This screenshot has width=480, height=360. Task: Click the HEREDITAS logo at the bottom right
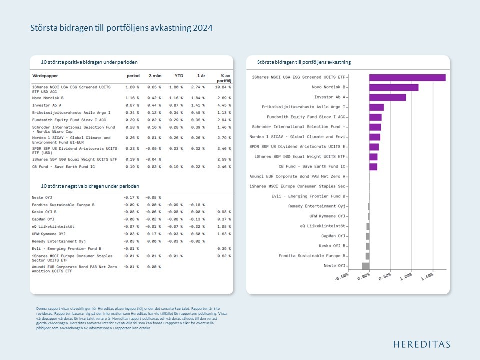(421, 344)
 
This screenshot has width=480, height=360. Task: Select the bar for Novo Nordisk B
(394, 87)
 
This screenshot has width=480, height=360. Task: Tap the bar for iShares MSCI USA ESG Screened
(407, 77)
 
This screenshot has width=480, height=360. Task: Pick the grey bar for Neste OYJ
(366, 266)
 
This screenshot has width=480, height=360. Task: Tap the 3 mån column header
(155, 76)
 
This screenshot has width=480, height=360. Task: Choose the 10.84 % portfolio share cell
(223, 87)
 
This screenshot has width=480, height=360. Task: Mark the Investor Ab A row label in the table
(47, 105)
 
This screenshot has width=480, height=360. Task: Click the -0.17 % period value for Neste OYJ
(131, 198)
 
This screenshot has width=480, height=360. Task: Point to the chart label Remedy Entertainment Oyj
(317, 206)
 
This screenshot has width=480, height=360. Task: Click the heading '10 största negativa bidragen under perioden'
(90, 186)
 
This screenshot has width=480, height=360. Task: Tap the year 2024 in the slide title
(202, 28)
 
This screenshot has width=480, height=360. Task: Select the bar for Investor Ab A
(388, 97)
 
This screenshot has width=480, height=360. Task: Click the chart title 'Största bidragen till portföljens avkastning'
(304, 62)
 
